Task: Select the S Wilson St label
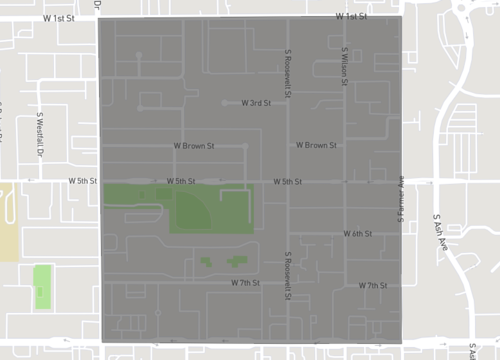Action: [x=345, y=66]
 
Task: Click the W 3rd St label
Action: [x=256, y=103]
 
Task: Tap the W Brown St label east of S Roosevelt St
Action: [x=316, y=146]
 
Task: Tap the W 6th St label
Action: [x=357, y=233]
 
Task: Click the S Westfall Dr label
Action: [x=41, y=136]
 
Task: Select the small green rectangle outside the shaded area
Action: [x=43, y=287]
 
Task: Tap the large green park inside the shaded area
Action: [x=210, y=208]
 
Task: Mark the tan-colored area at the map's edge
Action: [x=8, y=221]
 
